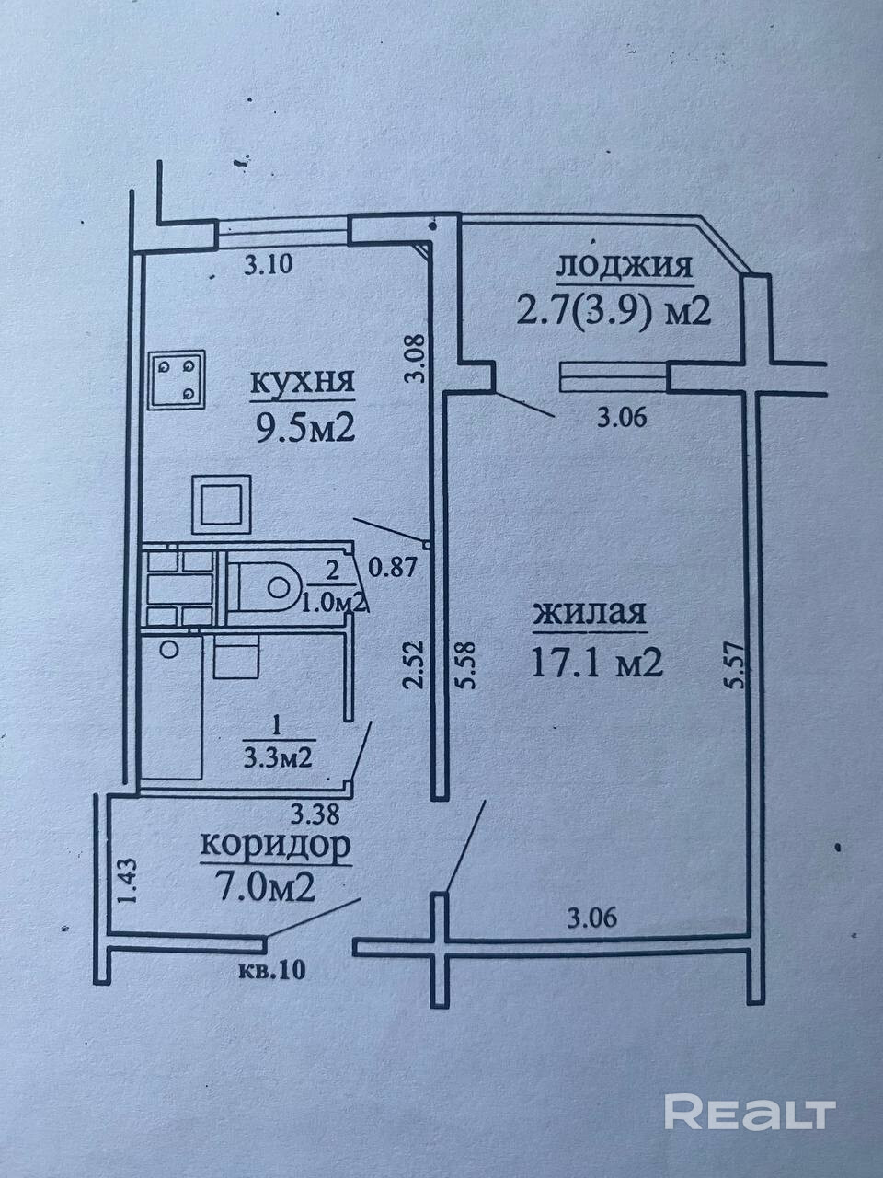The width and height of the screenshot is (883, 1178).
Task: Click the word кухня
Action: tap(303, 383)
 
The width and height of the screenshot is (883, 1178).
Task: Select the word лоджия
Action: tap(624, 267)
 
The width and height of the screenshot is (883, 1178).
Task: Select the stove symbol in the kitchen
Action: tap(178, 378)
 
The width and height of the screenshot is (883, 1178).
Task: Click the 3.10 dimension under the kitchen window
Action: tap(268, 267)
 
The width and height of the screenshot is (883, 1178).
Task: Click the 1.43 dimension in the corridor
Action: tap(126, 881)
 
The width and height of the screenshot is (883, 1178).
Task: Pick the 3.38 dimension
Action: tap(315, 813)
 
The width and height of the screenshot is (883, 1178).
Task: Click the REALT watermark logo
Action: tap(749, 1112)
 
